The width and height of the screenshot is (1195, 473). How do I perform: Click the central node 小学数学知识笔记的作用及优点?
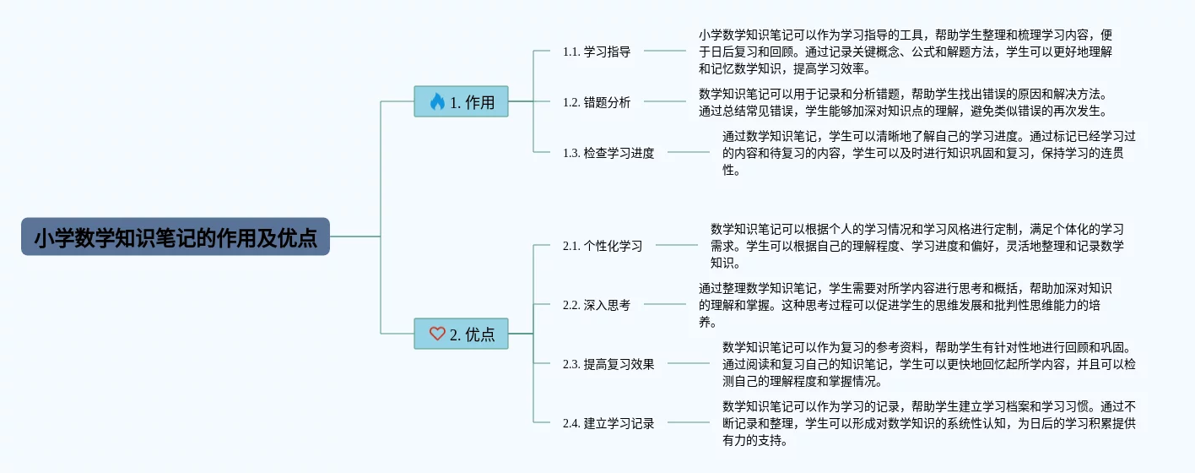[x=176, y=236]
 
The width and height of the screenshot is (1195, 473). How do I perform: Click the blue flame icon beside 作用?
[x=437, y=102]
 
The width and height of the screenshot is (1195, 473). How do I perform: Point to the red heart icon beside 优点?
[x=437, y=334]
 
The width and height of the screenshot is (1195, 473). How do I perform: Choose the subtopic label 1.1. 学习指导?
[x=597, y=52]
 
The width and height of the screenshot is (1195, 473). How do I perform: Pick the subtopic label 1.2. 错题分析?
[x=597, y=102]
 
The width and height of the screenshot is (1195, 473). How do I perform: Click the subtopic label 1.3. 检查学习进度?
[x=608, y=153]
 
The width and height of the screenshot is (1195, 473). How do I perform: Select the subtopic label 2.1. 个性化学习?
[x=603, y=246]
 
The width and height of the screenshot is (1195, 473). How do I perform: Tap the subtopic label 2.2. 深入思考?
[x=597, y=305]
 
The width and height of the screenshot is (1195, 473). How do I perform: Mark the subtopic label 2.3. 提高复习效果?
[x=608, y=364]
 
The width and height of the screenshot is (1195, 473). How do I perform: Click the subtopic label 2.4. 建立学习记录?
[x=608, y=423]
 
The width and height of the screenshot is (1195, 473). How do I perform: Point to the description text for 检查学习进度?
[x=928, y=153]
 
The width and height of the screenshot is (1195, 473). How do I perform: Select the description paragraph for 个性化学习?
[x=917, y=246]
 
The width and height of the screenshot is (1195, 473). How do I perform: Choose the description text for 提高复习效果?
[x=928, y=364]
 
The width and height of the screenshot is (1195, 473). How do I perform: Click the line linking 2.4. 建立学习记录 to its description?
[x=689, y=422]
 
